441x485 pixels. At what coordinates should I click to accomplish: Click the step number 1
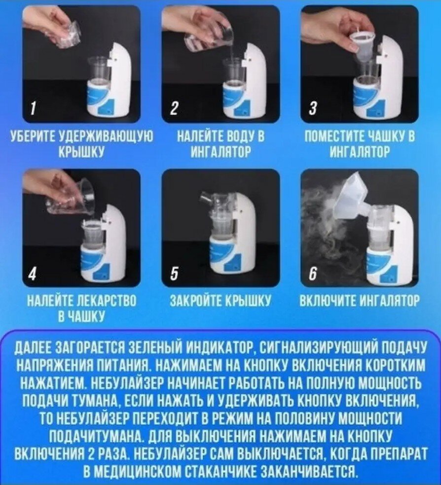33,109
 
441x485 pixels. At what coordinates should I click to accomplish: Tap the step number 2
174,109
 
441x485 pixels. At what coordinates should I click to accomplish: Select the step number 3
313,109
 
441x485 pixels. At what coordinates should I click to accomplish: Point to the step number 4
33,273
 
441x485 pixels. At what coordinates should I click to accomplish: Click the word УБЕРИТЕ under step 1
32,137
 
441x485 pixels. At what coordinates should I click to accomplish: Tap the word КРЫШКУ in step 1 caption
81,152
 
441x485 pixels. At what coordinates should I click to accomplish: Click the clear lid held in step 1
69,34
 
